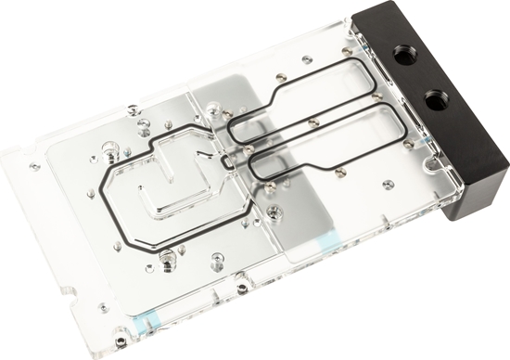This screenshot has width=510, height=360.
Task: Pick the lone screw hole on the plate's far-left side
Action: coord(34,166)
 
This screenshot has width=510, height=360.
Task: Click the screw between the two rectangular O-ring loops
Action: coord(313,121)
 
